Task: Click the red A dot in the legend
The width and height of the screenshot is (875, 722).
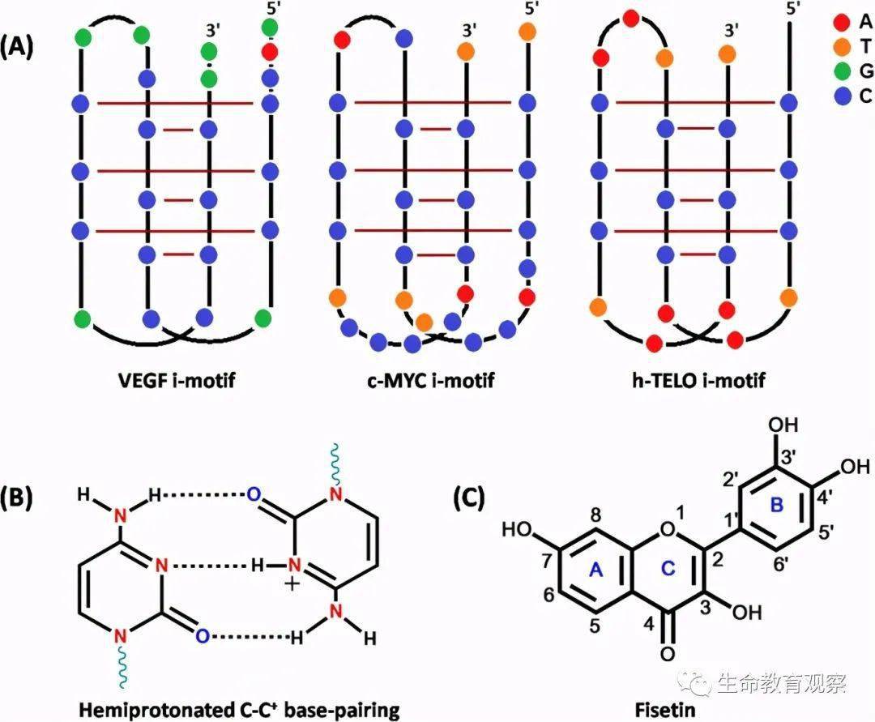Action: pyautogui.click(x=842, y=23)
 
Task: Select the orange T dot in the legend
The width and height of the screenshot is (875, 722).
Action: pyautogui.click(x=842, y=47)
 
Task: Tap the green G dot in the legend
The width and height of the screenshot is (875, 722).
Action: pyautogui.click(x=842, y=71)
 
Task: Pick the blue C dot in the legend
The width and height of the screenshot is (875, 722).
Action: pyautogui.click(x=842, y=96)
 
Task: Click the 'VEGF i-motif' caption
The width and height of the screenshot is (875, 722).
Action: pyautogui.click(x=177, y=380)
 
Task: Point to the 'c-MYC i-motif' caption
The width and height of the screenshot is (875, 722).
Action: pyautogui.click(x=431, y=380)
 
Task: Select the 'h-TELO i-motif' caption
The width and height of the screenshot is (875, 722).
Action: pyautogui.click(x=698, y=380)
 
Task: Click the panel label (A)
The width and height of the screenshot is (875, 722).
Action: pyautogui.click(x=17, y=46)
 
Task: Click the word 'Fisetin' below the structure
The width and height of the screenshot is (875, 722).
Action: pyautogui.click(x=665, y=710)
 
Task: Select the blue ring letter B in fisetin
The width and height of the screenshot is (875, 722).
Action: pyautogui.click(x=777, y=505)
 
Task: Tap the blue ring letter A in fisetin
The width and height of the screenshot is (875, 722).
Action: pyautogui.click(x=597, y=569)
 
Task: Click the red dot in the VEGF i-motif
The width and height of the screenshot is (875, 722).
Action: pyautogui.click(x=270, y=52)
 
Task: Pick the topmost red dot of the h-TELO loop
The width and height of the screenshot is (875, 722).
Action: pyautogui.click(x=631, y=19)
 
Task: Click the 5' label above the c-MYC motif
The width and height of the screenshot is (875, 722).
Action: pyautogui.click(x=531, y=8)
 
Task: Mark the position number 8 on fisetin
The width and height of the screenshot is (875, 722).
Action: pyautogui.click(x=596, y=515)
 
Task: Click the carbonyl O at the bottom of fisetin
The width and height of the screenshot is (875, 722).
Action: pyautogui.click(x=668, y=653)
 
